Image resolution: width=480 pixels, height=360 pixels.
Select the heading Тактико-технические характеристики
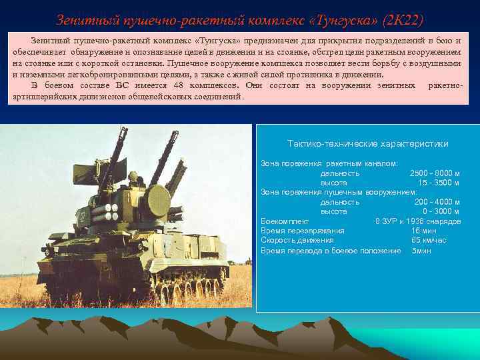[367, 144]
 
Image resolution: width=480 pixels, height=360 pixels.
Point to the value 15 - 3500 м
[439, 183]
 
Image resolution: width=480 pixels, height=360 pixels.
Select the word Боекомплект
[285, 221]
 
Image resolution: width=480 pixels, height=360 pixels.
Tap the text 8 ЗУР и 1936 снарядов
[418, 221]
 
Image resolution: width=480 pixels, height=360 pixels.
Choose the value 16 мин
[424, 231]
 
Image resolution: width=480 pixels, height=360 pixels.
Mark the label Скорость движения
[297, 240]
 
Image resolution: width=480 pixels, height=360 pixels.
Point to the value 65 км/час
[429, 240]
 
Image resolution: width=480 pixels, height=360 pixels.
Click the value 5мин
[421, 251]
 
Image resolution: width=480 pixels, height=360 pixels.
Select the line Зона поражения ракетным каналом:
[329, 163]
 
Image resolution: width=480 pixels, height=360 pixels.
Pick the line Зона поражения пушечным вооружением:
[339, 192]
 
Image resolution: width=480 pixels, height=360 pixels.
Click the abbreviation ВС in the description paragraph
[122, 86]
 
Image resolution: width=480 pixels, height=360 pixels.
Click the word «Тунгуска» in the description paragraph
[217, 41]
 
